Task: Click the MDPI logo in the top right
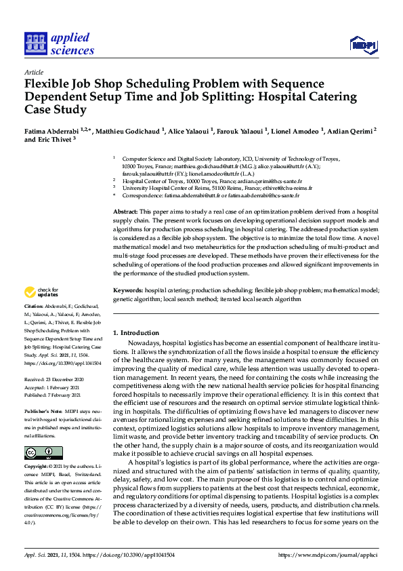[364, 45]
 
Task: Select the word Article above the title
[33, 72]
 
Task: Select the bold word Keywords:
[129, 290]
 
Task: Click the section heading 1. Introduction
[135, 333]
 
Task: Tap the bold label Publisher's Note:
[43, 412]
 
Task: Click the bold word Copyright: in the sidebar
[37, 468]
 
